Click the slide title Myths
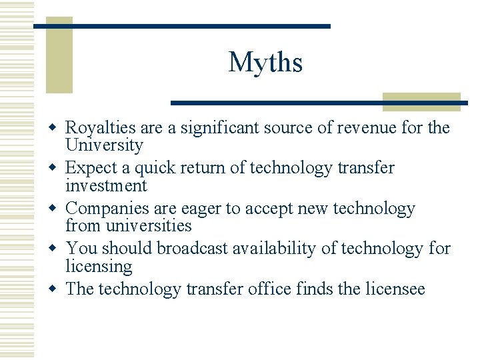(265, 63)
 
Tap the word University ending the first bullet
(104, 145)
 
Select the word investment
(106, 185)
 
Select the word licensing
(99, 267)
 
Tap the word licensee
(395, 289)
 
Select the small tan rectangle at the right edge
(421, 101)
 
